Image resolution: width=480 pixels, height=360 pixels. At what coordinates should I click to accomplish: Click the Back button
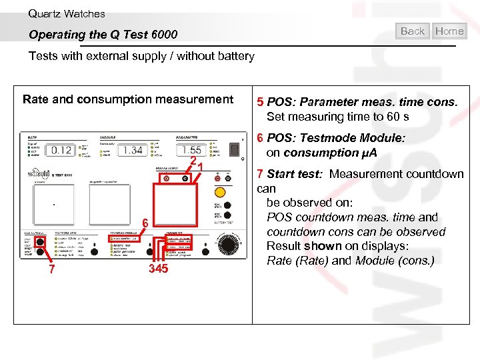click(x=413, y=31)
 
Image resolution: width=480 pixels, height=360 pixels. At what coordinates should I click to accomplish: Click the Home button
click(x=449, y=31)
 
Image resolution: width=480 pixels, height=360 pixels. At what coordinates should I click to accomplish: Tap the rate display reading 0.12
click(x=61, y=150)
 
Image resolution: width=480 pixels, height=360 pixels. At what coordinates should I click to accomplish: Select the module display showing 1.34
click(x=132, y=150)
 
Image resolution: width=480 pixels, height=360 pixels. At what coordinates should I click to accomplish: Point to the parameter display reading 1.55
click(x=192, y=151)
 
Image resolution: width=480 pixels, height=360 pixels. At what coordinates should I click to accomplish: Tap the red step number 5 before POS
click(x=260, y=102)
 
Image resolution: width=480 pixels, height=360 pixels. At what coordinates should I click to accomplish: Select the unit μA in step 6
click(x=368, y=153)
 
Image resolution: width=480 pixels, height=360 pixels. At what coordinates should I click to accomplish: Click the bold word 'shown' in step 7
click(x=323, y=246)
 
